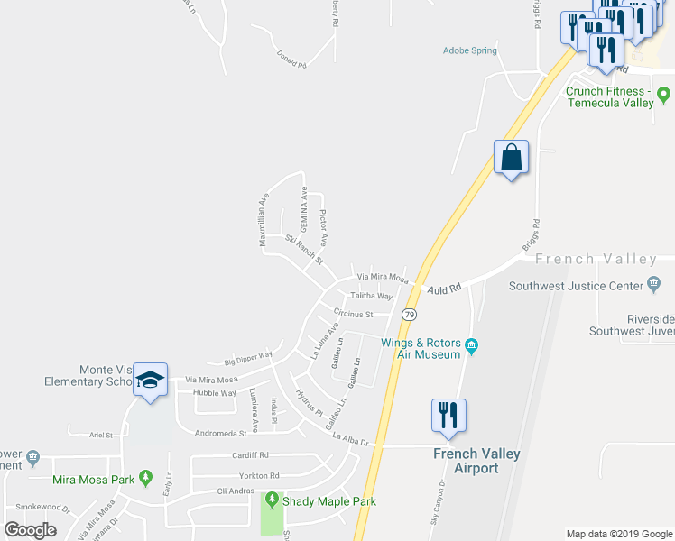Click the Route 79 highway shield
click(410, 315)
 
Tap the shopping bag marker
click(511, 158)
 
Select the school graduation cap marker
click(153, 381)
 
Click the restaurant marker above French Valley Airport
click(448, 416)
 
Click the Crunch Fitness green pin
click(663, 93)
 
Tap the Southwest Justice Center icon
click(653, 287)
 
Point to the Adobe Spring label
click(469, 50)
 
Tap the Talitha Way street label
click(372, 296)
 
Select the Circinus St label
click(353, 314)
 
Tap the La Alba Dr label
click(351, 438)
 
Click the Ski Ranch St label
click(303, 250)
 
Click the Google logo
click(31, 529)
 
